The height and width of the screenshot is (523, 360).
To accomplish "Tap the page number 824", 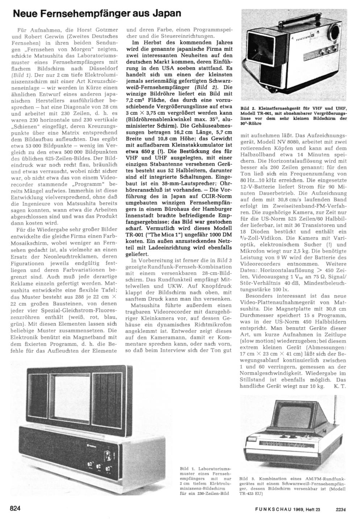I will click(16, 508).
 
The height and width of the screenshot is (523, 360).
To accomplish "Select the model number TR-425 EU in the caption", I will click(249, 493).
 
